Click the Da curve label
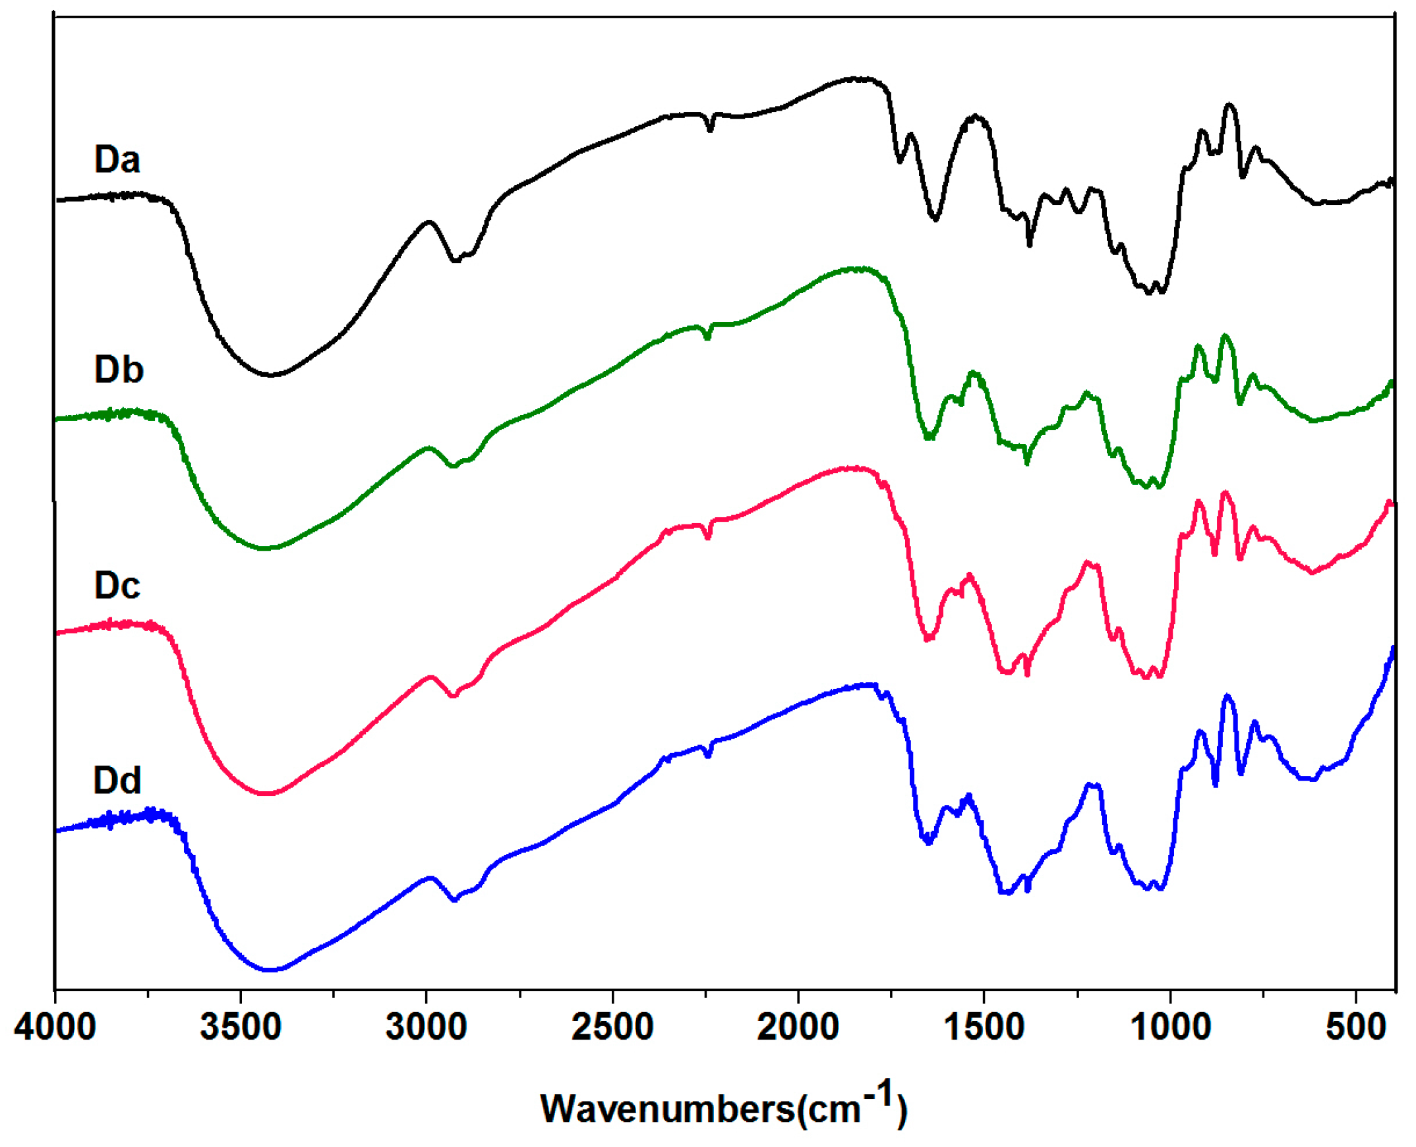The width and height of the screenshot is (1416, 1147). pyautogui.click(x=117, y=160)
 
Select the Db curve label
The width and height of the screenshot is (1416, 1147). pyautogui.click(x=119, y=370)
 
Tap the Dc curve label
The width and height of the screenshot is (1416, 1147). pyautogui.click(x=117, y=586)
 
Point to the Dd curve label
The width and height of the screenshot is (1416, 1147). pyautogui.click(x=117, y=780)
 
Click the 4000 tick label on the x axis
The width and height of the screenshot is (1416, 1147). pyautogui.click(x=55, y=1028)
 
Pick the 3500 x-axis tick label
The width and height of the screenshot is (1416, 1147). pyautogui.click(x=241, y=1028)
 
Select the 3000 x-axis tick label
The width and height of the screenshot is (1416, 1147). pyautogui.click(x=427, y=1028)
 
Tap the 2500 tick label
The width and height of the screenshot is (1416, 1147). pyautogui.click(x=612, y=1028)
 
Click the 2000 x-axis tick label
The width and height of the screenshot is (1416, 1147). pyautogui.click(x=798, y=1028)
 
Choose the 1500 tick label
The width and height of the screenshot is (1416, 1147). pyautogui.click(x=984, y=1028)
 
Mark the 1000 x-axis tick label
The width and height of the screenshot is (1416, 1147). pyautogui.click(x=1170, y=1028)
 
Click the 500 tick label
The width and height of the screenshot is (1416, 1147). pyautogui.click(x=1355, y=1028)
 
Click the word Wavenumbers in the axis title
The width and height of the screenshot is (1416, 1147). pyautogui.click(x=668, y=1109)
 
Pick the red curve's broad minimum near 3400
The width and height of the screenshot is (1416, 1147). pyautogui.click(x=266, y=793)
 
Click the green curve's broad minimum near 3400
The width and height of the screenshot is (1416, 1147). pyautogui.click(x=264, y=547)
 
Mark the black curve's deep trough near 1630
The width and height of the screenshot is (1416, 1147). pyautogui.click(x=935, y=219)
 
